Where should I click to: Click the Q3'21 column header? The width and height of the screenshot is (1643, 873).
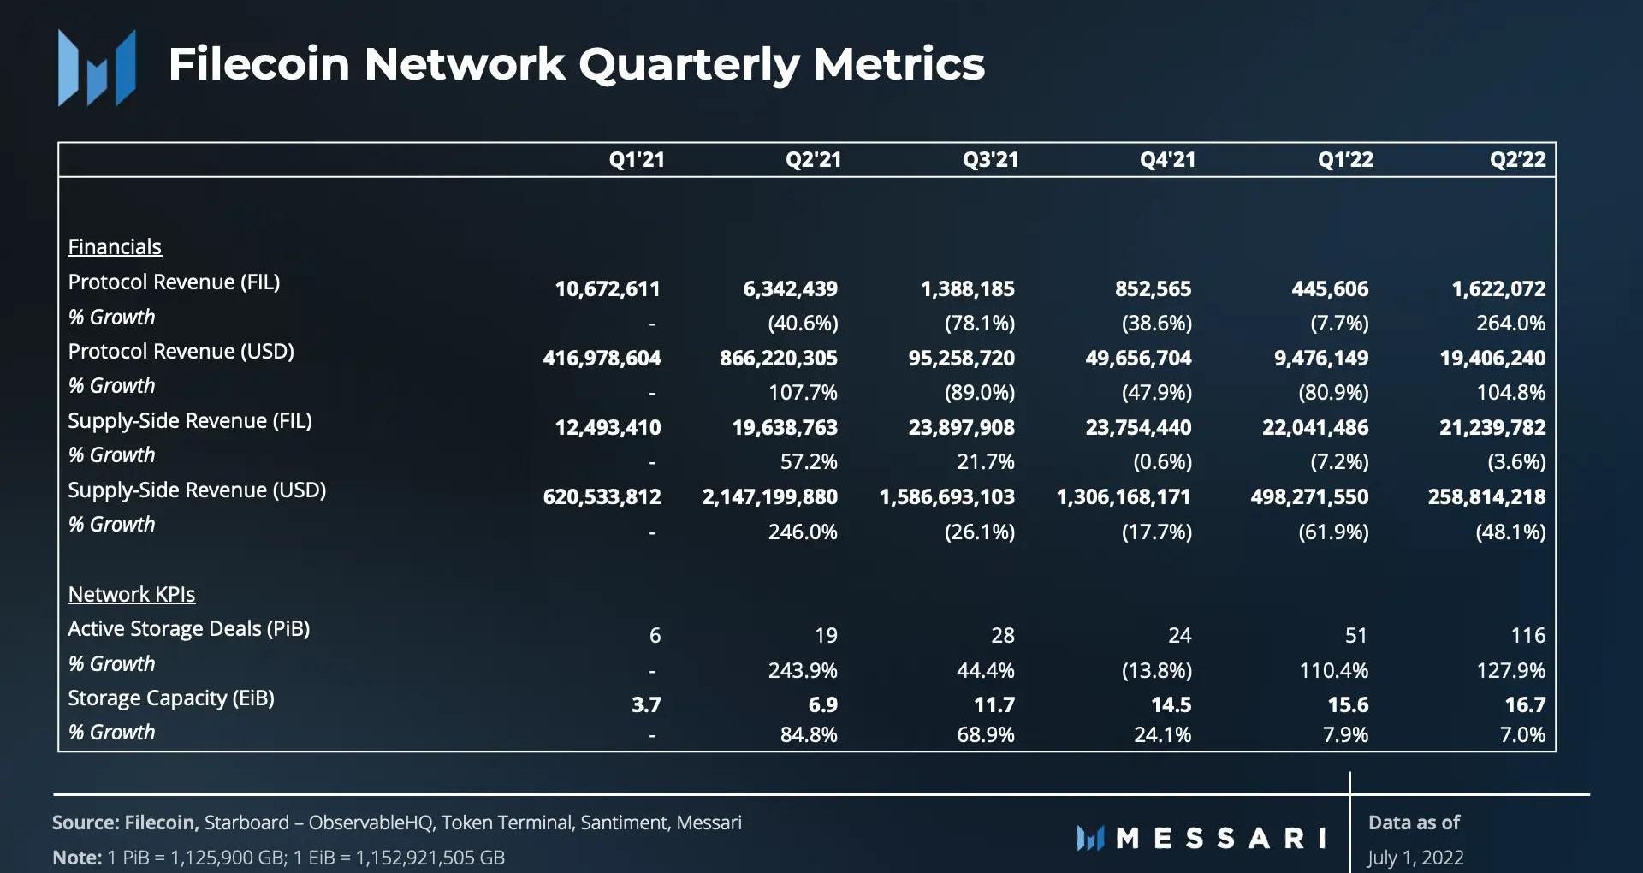(x=990, y=160)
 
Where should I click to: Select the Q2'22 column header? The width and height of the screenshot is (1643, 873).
(x=1517, y=160)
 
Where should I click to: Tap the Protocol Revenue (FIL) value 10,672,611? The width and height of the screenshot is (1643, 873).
(x=608, y=289)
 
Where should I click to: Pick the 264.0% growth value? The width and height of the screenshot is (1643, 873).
(x=1510, y=324)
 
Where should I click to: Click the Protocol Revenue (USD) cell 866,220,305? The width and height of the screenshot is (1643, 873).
(x=778, y=359)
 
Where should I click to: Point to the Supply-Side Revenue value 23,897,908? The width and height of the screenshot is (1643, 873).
(x=961, y=428)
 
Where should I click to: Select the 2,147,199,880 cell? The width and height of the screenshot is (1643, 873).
(x=769, y=497)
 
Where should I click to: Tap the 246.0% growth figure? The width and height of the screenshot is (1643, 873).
(x=802, y=532)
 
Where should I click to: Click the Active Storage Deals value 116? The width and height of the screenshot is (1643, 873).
(x=1527, y=636)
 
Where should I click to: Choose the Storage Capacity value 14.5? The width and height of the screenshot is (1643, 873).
(x=1171, y=705)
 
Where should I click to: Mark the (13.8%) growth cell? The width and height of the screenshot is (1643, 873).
(x=1156, y=671)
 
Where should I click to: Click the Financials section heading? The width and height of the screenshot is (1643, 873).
(x=115, y=247)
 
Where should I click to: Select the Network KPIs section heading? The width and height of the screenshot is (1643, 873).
(x=132, y=595)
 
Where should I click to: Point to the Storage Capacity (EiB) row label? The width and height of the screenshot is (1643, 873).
(x=171, y=698)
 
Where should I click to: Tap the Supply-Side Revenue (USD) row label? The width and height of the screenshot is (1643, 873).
(x=197, y=490)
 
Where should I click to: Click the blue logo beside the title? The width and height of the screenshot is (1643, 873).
(x=97, y=68)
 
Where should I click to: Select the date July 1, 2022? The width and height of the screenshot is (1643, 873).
(x=1415, y=858)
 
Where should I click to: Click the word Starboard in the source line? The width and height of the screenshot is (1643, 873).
(x=246, y=823)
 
